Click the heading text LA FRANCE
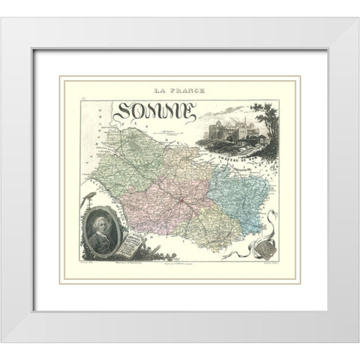pyautogui.click(x=181, y=92)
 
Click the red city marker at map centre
pyautogui.click(x=182, y=202)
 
